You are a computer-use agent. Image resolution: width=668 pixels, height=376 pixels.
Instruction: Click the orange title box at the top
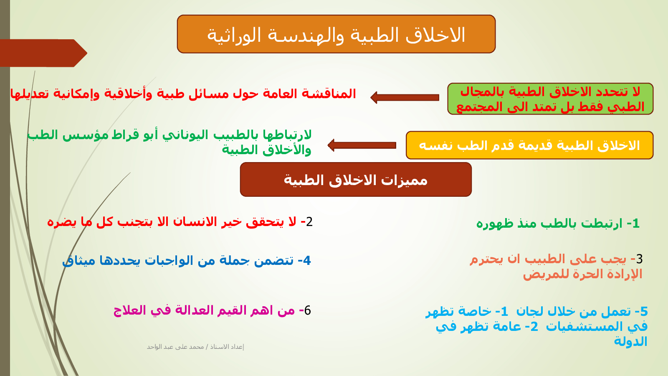[336, 34]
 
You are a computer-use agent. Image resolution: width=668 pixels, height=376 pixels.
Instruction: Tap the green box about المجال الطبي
[550, 99]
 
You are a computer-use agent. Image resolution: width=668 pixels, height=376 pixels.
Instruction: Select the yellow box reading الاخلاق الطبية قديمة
[529, 145]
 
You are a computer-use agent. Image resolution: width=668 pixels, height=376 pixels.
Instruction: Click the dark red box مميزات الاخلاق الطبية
[356, 180]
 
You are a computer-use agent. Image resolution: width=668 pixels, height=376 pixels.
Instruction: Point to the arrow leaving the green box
[405, 98]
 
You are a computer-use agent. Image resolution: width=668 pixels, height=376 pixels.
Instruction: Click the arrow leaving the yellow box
[362, 145]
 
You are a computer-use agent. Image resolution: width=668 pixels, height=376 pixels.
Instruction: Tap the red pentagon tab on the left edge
[43, 53]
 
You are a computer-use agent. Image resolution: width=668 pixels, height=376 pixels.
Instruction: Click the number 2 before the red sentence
[309, 222]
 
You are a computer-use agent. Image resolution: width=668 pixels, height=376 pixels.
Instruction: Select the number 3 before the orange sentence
[639, 259]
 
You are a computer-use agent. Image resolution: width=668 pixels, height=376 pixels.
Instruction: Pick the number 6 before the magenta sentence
[307, 310]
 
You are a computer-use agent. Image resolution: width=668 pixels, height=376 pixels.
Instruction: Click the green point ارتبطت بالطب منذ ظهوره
[558, 224]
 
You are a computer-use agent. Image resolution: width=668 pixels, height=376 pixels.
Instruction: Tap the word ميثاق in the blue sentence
[79, 261]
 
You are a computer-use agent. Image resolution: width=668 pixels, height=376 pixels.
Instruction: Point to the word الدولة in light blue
[630, 341]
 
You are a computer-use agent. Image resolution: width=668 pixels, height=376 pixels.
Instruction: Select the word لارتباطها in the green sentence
[287, 135]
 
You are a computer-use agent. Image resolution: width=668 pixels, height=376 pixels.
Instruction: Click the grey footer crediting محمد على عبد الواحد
[195, 347]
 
